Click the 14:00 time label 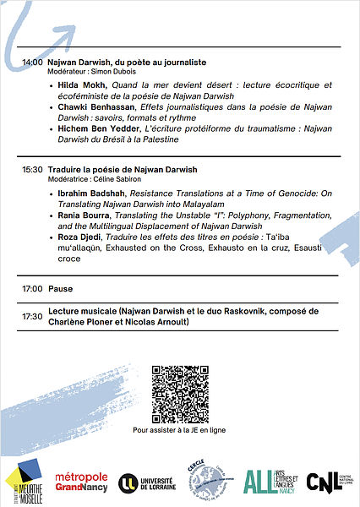click(32, 63)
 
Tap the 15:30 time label click(32, 170)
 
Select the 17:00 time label click(32, 289)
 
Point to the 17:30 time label click(32, 316)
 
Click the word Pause click(60, 289)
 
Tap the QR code click(179, 393)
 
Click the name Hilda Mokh click(81, 85)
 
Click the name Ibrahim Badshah click(91, 194)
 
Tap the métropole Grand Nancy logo click(81, 482)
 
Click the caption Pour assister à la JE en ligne click(179, 429)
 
